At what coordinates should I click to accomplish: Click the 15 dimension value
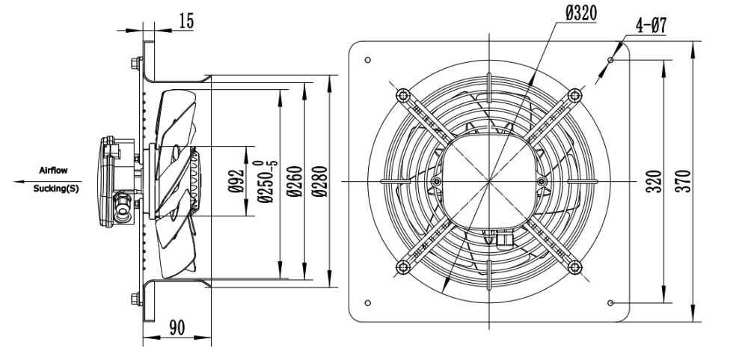(187, 21)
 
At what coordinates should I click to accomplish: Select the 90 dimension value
(177, 328)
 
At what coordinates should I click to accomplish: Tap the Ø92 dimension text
(237, 181)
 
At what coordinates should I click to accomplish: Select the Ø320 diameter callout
(581, 13)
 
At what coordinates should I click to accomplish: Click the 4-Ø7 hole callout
(651, 25)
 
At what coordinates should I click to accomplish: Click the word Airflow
(53, 171)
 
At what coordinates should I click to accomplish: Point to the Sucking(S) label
(56, 189)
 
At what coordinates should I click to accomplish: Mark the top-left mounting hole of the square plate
(367, 60)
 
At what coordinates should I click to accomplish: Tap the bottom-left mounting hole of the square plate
(367, 303)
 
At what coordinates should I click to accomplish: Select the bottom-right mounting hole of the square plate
(611, 303)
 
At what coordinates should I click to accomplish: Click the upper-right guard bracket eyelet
(574, 96)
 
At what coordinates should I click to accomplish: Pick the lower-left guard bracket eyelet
(403, 267)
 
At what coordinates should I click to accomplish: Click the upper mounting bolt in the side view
(136, 63)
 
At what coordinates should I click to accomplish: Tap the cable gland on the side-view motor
(123, 208)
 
